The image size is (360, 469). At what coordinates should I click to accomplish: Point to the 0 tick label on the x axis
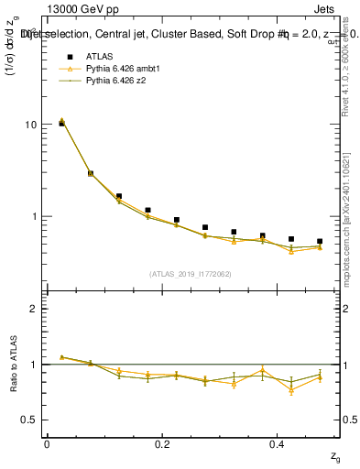point(47,444)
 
